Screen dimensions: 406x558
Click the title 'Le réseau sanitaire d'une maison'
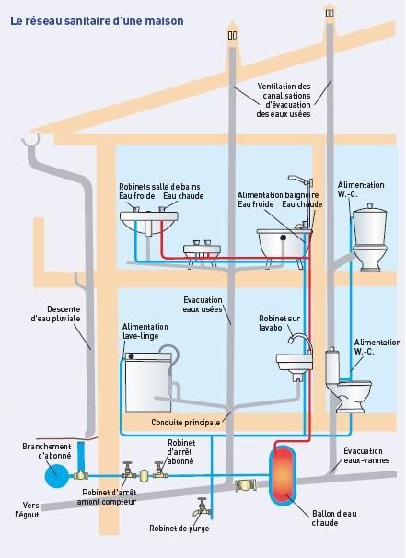click(97, 20)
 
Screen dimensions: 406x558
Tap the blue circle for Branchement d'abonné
click(56, 475)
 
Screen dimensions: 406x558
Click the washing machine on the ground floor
click(149, 382)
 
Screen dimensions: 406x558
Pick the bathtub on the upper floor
click(284, 243)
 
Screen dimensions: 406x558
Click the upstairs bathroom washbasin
click(149, 221)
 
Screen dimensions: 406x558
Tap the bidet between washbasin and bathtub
click(202, 251)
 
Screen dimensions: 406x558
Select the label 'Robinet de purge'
click(179, 529)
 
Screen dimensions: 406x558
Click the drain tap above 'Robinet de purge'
click(202, 507)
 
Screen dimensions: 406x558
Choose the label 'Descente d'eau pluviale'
click(55, 314)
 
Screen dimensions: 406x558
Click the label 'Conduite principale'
click(185, 423)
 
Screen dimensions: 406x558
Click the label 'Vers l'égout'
click(27, 510)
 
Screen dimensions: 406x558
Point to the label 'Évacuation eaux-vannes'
click(366, 456)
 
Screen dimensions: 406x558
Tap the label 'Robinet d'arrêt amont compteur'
click(107, 497)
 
